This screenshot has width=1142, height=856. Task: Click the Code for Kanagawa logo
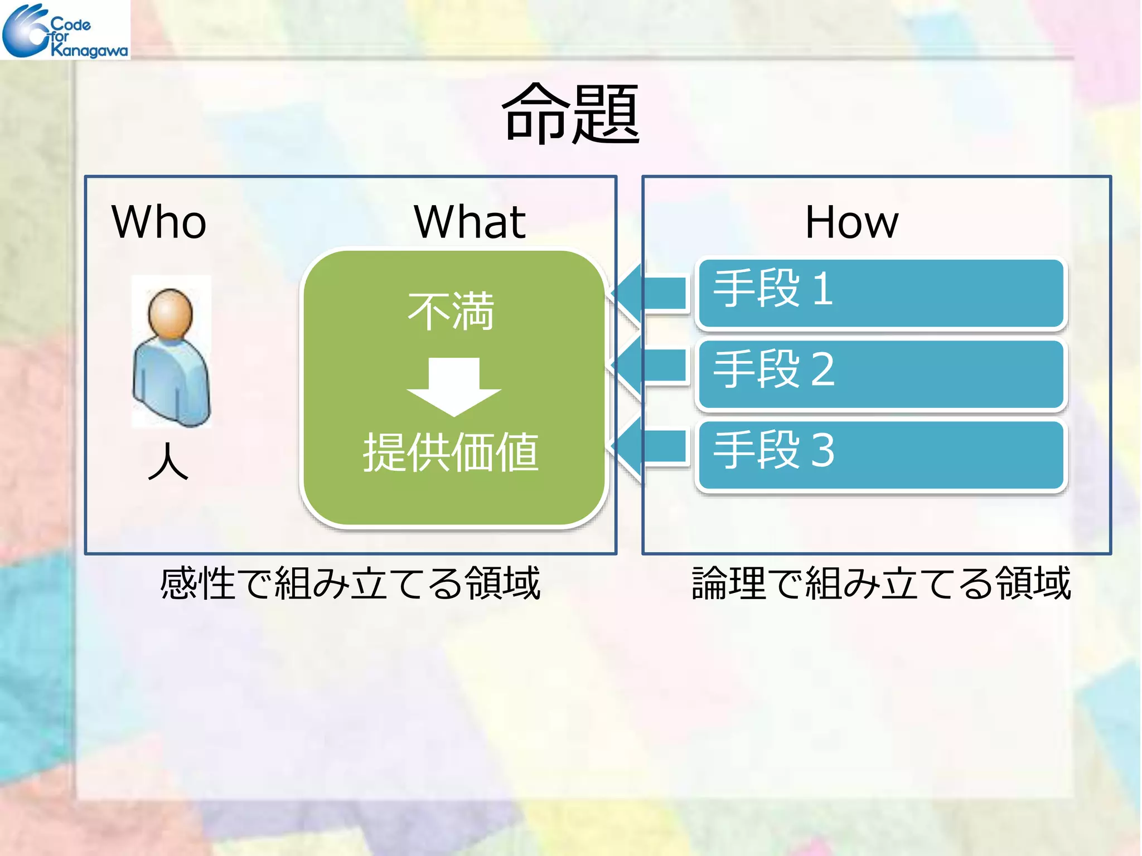click(x=65, y=30)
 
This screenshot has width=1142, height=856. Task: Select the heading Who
click(x=159, y=222)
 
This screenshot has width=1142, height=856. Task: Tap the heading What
click(x=470, y=222)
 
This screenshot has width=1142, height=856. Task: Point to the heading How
click(x=851, y=222)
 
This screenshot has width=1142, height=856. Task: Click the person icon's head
click(x=170, y=313)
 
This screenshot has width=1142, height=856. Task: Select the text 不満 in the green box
click(x=451, y=311)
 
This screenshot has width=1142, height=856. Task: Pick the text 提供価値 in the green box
click(x=451, y=453)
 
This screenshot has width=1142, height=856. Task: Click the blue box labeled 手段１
click(x=881, y=293)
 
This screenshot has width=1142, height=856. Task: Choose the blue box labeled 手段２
click(x=881, y=374)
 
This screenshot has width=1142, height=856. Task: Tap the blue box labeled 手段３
click(x=881, y=455)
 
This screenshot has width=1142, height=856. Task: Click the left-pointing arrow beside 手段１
click(x=650, y=293)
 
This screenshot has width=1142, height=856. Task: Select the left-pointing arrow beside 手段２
click(x=650, y=367)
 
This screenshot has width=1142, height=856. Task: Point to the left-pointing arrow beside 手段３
click(x=650, y=448)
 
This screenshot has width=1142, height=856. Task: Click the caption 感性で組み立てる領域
click(x=350, y=583)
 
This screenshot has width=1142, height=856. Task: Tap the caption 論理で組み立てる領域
click(x=881, y=583)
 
